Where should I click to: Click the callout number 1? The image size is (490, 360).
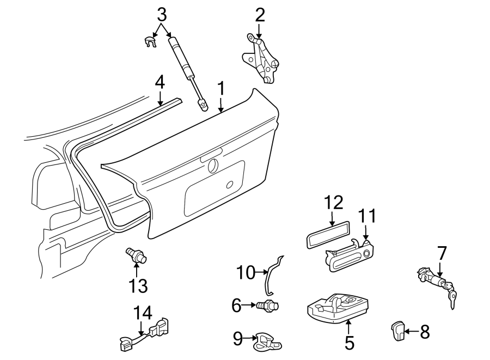click(x=221, y=88)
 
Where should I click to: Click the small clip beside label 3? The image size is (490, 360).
click(x=151, y=41)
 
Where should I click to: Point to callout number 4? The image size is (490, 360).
click(x=159, y=82)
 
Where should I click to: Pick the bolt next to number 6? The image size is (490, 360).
click(x=267, y=306)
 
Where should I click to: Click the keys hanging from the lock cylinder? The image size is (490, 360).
click(x=452, y=299)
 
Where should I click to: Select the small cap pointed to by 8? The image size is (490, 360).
click(x=396, y=330)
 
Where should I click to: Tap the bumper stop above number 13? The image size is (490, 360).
click(x=136, y=255)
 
